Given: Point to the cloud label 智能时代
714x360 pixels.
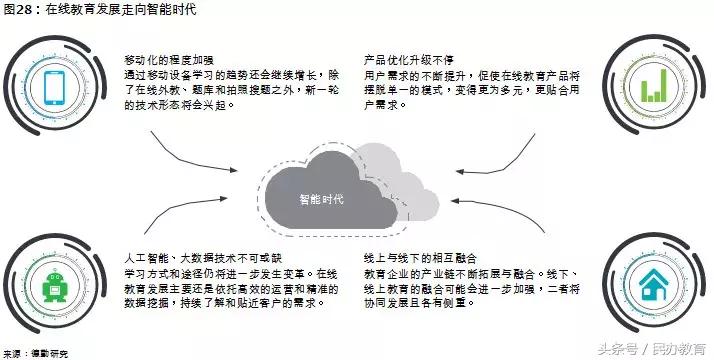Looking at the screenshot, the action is [x=322, y=198].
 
